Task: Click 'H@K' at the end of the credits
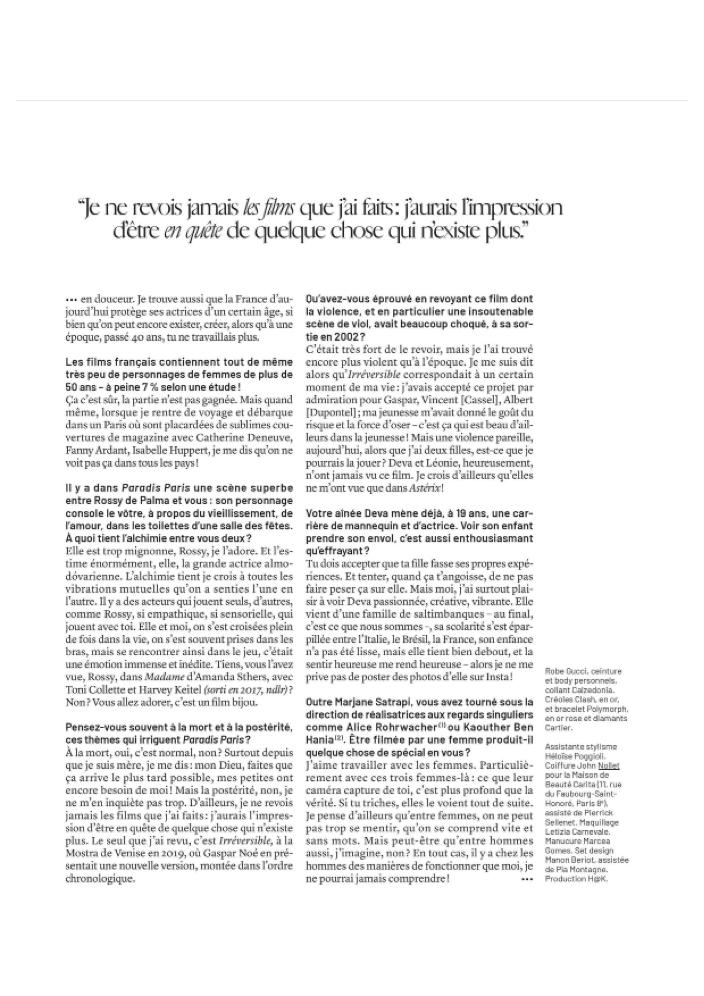tap(602, 879)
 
